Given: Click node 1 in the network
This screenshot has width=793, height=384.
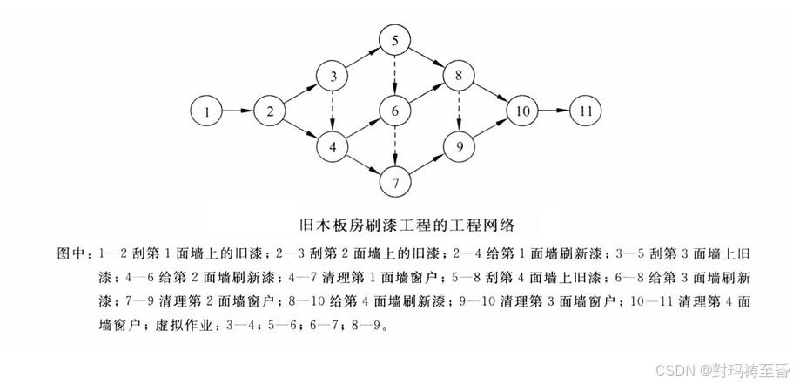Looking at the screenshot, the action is coord(207,111).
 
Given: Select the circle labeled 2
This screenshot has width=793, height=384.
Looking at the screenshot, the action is coord(272,111).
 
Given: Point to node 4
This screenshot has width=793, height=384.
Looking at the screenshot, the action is coord(333,145).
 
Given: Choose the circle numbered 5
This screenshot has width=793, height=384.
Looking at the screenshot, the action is coord(394,41).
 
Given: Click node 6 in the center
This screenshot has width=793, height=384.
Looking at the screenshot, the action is coord(394,111).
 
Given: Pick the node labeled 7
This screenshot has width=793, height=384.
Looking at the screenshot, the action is coord(394,182).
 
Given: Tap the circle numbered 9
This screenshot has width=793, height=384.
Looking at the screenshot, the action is coord(457,145).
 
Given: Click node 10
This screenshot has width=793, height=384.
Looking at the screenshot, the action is coord(521,111).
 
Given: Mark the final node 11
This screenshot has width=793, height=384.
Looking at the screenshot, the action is coord(585,111).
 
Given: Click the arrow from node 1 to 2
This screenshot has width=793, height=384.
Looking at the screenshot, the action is coord(239,111).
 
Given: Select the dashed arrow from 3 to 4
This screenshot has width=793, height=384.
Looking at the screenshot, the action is coord(333,111).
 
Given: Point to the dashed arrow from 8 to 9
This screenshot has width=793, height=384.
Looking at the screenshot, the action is coord(457,111).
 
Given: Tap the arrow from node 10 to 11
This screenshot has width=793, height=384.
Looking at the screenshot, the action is coord(553,111).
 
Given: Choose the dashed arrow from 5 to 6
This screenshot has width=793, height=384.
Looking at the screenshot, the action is coord(394,76).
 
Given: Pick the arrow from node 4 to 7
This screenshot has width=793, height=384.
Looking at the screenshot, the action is coord(364,164).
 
